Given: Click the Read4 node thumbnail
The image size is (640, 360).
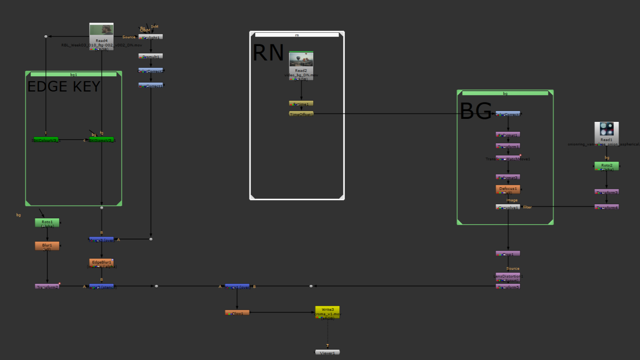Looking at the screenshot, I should click(101, 30).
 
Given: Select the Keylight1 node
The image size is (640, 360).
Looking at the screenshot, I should click(151, 37).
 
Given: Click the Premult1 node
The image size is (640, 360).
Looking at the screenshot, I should click(151, 56).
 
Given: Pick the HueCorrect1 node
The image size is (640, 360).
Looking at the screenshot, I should click(151, 85).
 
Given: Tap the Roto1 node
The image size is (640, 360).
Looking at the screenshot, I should click(47, 223).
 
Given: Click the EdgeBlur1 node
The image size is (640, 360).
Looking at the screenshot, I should click(101, 263).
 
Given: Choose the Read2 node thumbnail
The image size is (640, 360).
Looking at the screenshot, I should click(301, 60).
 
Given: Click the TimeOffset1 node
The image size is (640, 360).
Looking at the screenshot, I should click(301, 114).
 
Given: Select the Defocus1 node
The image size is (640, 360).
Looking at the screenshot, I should click(508, 189).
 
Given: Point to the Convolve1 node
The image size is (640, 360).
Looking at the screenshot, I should click(508, 207).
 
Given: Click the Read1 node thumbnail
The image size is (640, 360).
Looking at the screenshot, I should click(606, 129).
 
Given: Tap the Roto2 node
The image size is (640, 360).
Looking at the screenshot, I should click(606, 166).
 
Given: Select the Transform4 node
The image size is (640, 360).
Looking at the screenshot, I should click(607, 207).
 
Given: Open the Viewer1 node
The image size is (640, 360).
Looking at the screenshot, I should click(327, 353).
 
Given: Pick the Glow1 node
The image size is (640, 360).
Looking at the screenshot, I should click(237, 313).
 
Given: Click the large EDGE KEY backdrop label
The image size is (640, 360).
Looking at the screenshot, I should click(64, 87).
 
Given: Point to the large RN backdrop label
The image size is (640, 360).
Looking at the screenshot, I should click(268, 53).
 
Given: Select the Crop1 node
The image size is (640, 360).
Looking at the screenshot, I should click(508, 254).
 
